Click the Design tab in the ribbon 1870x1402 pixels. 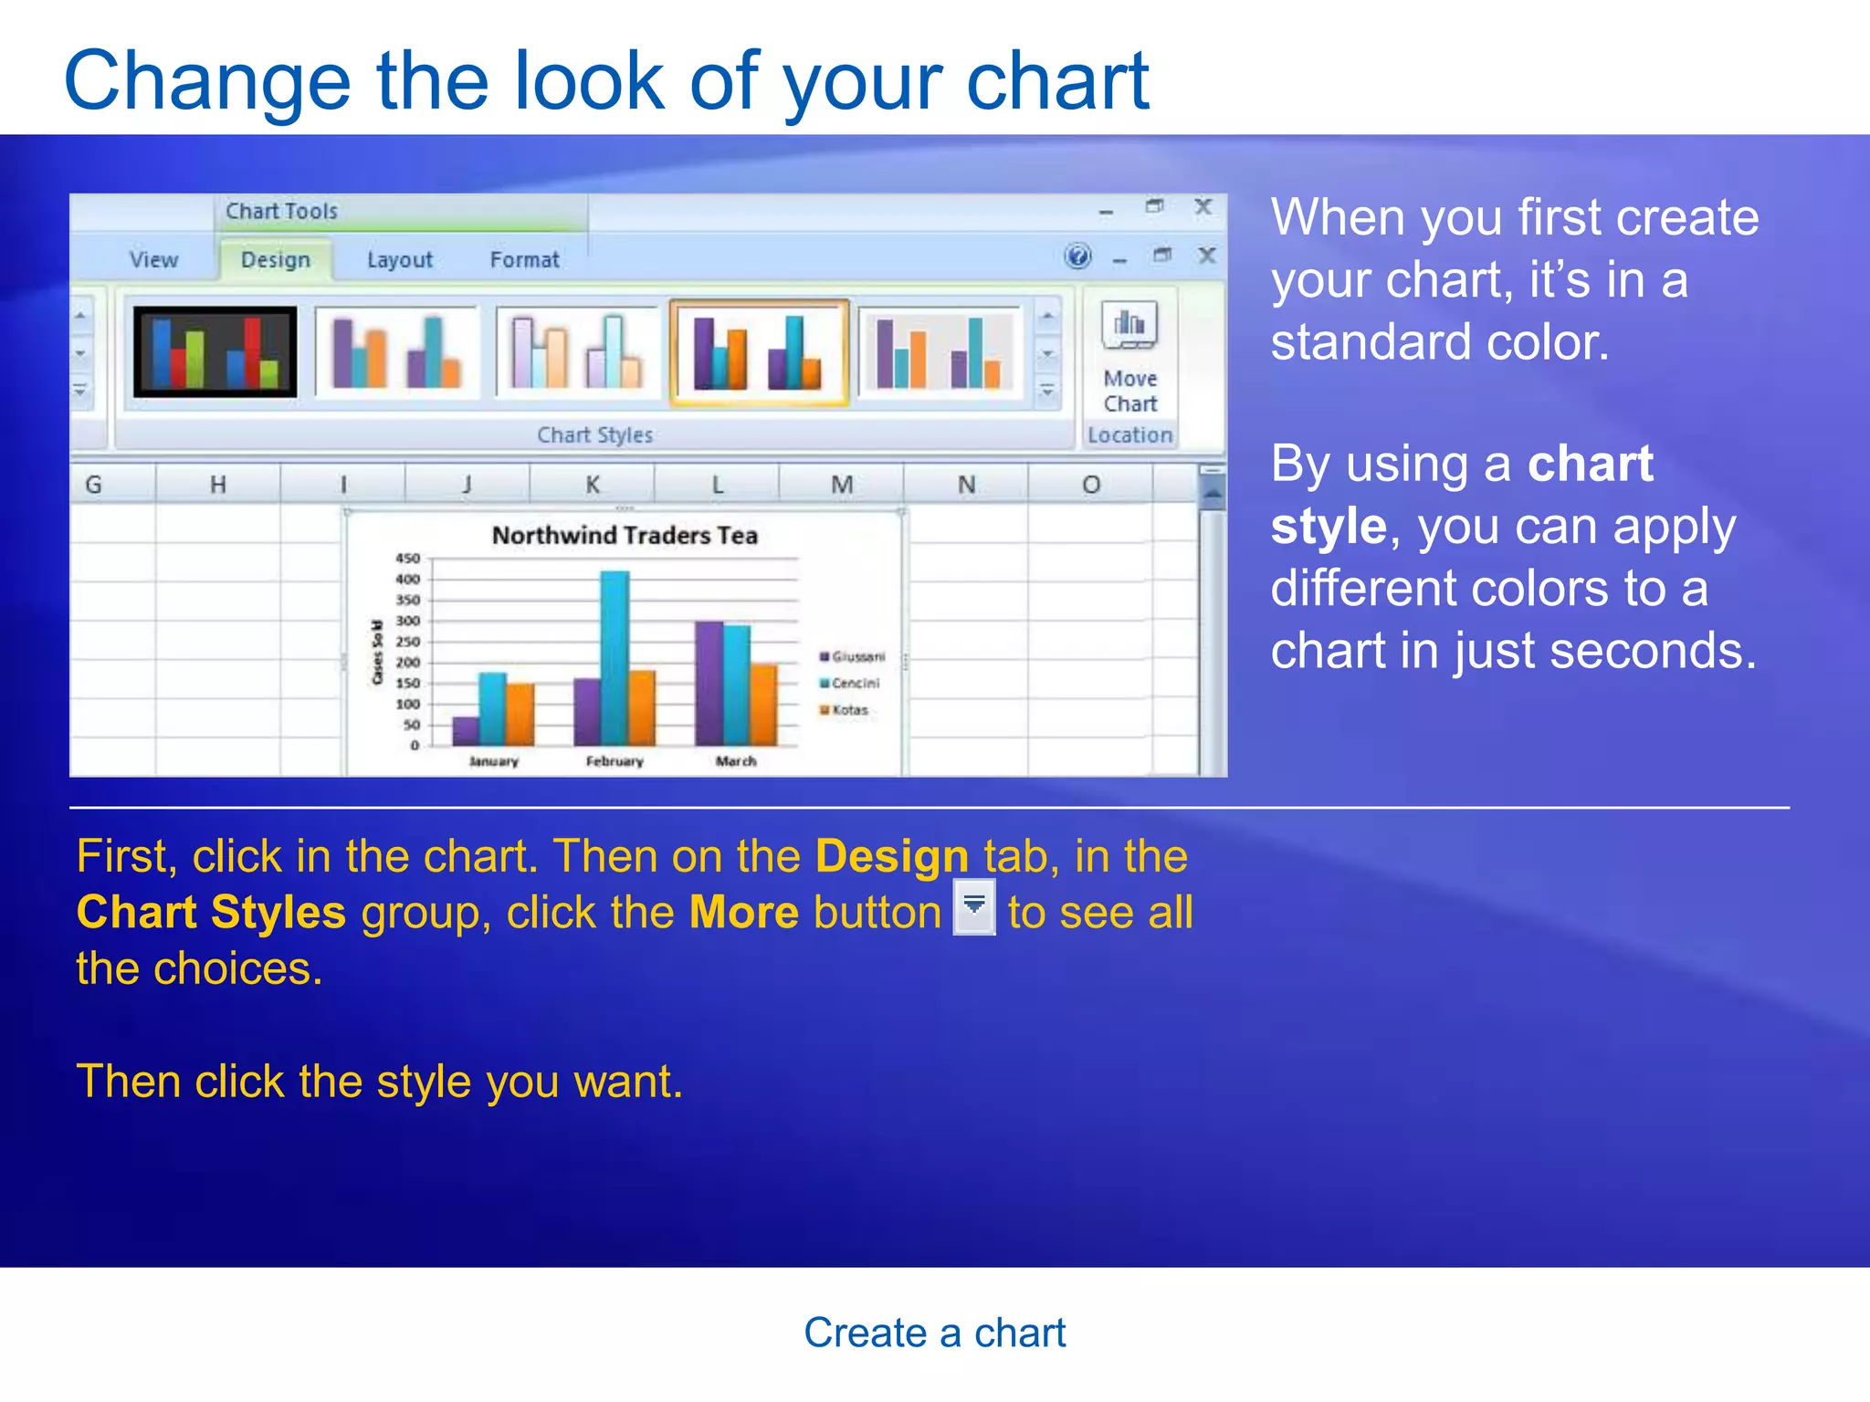(275, 260)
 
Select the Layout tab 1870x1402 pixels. (399, 260)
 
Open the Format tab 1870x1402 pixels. (524, 260)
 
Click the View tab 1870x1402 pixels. (153, 260)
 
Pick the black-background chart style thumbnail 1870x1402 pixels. (215, 352)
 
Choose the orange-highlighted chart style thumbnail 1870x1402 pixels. (759, 352)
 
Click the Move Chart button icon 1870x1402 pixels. (1129, 327)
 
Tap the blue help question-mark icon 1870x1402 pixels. (1077, 256)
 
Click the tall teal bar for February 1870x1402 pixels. (615, 657)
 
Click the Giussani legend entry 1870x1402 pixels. (853, 656)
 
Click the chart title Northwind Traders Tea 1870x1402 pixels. (625, 536)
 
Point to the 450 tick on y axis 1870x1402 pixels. (407, 559)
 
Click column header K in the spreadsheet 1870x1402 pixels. (592, 485)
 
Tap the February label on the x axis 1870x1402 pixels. (615, 761)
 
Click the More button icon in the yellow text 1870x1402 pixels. (974, 907)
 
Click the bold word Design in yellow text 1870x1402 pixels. (891, 857)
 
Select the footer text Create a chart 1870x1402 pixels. (934, 1334)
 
